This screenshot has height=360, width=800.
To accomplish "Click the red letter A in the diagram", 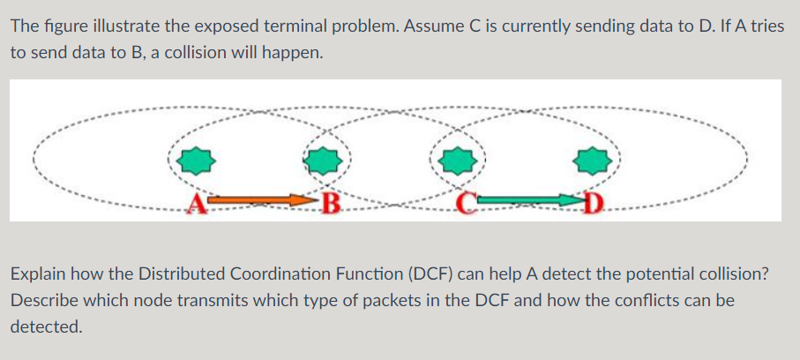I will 198,207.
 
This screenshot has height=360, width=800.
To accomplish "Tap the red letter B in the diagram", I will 331,207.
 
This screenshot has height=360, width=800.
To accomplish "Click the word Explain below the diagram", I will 37,274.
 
